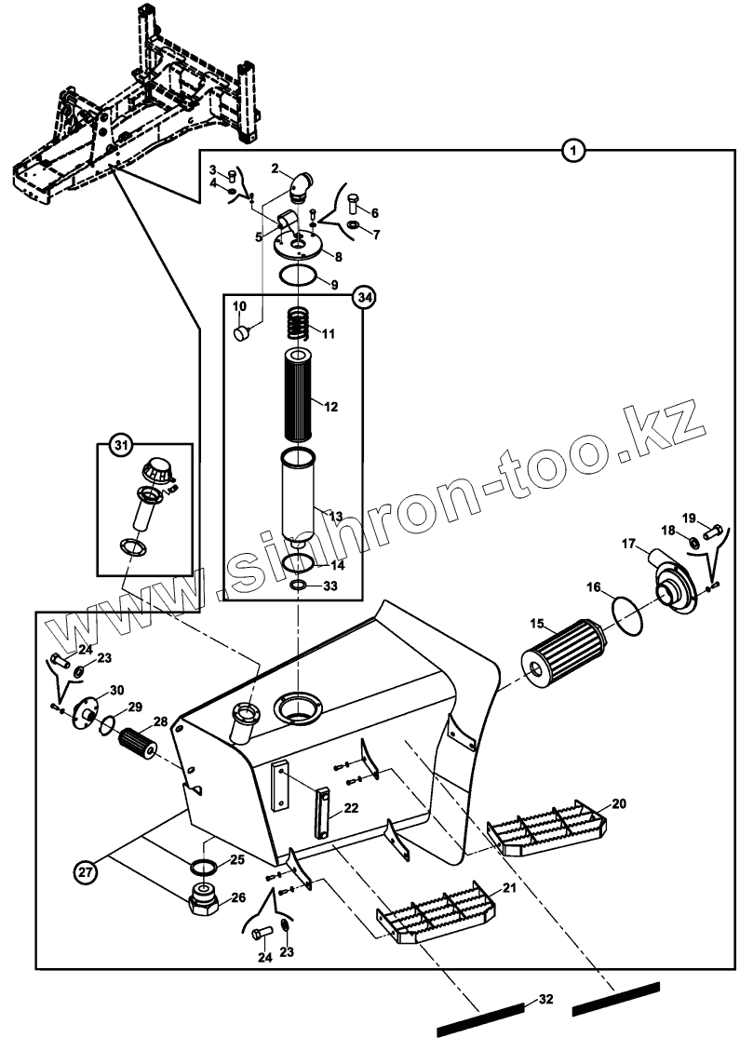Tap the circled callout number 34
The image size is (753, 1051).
(x=364, y=298)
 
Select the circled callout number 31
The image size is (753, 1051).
(x=120, y=446)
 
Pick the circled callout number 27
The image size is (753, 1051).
(x=87, y=872)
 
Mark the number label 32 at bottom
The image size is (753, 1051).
(x=546, y=1000)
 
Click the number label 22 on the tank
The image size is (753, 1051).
(x=351, y=808)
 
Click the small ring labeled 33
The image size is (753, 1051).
(x=298, y=585)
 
